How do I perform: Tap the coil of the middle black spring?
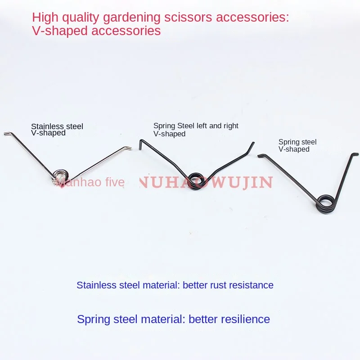pos(196,180)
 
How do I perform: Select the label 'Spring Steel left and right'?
pos(196,126)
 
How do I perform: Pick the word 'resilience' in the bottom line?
pos(243,319)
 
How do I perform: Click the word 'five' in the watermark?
pos(114,182)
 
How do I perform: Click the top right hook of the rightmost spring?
pos(355,154)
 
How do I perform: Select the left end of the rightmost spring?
pos(259,156)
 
